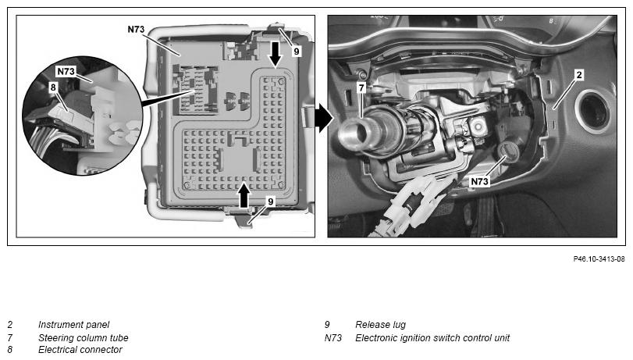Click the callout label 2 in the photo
tap(579, 75)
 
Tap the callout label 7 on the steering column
tap(361, 87)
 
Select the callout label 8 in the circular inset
tap(53, 87)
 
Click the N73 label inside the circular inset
tap(66, 72)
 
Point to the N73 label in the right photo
tap(479, 181)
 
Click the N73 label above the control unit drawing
tap(136, 29)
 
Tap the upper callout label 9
tap(297, 52)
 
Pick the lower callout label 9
tap(271, 201)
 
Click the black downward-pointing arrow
tap(276, 54)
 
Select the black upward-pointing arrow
tap(244, 195)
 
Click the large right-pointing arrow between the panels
tap(324, 118)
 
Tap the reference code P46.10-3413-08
tap(599, 259)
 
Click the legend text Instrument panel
tap(73, 324)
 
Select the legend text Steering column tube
tap(84, 338)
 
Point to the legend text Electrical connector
tap(80, 350)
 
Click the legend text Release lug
tap(380, 324)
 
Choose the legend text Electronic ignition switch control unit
tap(432, 338)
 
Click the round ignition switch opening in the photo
tap(510, 152)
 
